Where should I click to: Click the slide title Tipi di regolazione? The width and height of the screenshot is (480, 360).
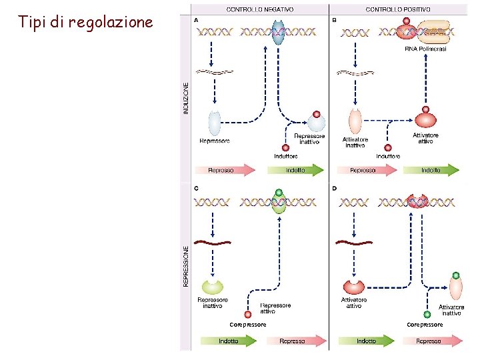[86, 22]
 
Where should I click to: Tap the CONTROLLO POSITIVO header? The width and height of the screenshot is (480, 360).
[397, 10]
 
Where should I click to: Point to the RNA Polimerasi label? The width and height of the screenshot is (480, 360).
[425, 49]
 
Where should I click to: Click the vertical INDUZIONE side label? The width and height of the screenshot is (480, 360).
[186, 97]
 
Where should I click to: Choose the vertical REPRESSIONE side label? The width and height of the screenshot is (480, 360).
[186, 266]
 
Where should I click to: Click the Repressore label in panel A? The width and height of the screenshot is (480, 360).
[215, 141]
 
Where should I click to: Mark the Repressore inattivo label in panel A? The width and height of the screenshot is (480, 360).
[309, 138]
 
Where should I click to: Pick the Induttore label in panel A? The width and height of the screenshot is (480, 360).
[286, 156]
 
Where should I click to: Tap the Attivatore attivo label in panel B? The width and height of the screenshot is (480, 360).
[425, 138]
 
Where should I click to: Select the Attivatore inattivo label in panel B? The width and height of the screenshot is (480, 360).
[355, 142]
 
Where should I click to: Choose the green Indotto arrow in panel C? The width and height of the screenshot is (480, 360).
[229, 341]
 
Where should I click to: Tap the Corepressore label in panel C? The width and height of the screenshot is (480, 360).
[248, 325]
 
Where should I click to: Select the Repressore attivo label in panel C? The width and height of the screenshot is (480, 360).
[275, 308]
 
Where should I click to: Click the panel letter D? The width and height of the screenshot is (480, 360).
[334, 189]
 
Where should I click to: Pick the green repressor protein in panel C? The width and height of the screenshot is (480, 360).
[213, 287]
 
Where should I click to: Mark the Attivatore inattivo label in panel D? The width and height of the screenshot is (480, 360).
[451, 310]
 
